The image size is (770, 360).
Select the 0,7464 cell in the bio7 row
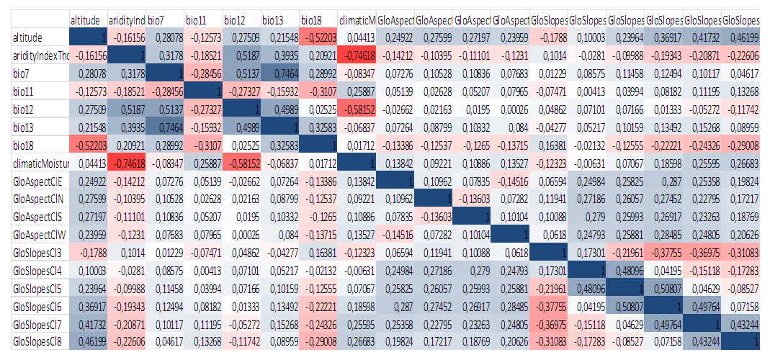point(279,73)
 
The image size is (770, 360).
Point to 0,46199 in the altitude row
point(740,36)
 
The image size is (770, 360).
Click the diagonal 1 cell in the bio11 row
point(203,91)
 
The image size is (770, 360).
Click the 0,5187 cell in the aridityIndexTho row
point(241,55)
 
